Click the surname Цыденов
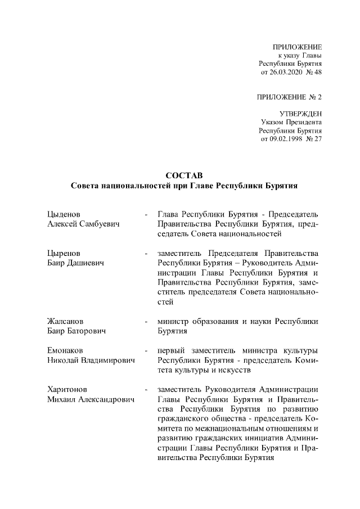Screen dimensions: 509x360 64,214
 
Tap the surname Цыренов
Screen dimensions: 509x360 64,253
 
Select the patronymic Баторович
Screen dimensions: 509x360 87,331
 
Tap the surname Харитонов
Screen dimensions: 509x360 67,389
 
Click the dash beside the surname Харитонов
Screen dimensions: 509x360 146,389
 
